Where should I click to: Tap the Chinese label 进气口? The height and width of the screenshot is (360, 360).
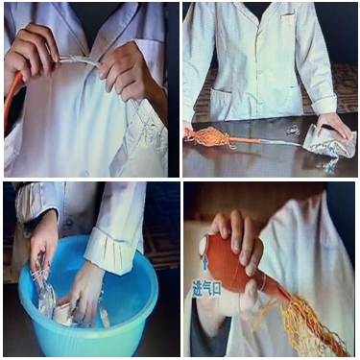click(206, 289)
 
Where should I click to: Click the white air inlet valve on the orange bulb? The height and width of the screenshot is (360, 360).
click(203, 246)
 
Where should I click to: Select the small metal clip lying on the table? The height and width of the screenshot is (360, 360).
click(292, 131)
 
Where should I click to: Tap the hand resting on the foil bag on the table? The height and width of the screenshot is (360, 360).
click(334, 126)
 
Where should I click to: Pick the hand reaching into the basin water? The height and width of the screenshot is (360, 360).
click(84, 290)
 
